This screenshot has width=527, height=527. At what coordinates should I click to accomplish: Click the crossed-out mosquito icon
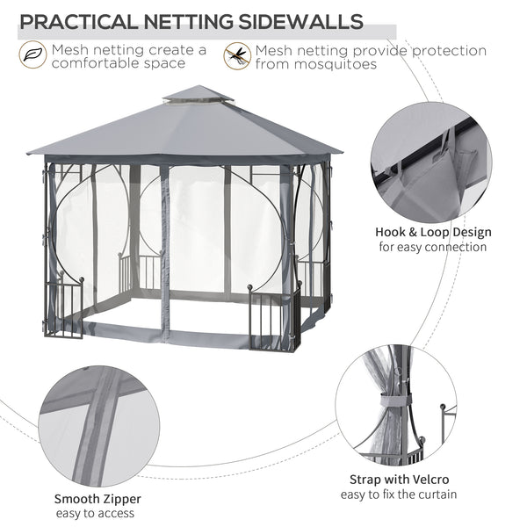tap(236, 56)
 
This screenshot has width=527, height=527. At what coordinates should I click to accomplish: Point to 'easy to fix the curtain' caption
tap(399, 494)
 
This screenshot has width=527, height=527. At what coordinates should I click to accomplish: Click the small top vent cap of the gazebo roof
tap(198, 93)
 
